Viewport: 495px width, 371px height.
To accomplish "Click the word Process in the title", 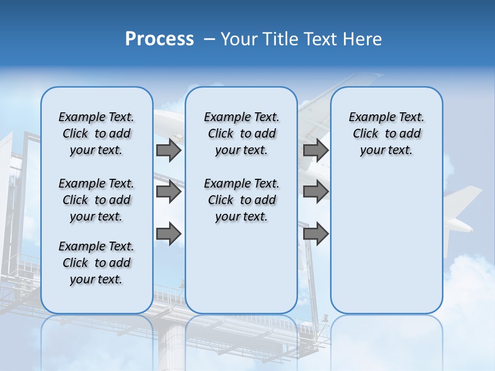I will [159, 39].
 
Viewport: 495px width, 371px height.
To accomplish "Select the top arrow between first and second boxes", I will [169, 150].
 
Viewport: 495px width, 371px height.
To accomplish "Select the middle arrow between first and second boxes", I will [169, 192].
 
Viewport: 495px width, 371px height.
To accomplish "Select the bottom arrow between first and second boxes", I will [169, 233].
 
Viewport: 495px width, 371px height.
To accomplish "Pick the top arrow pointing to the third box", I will [316, 150].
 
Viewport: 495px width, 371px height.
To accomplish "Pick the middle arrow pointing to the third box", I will [316, 192].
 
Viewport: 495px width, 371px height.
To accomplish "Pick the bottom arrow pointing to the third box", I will [316, 233].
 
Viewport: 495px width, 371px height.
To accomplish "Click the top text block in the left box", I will [96, 133].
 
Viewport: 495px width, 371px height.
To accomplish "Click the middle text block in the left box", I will [96, 200].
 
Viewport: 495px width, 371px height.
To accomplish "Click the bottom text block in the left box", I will [96, 263].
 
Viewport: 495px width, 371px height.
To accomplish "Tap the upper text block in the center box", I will [241, 133].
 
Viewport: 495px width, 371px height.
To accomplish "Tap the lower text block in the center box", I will [241, 200].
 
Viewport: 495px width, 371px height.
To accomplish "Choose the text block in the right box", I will [386, 133].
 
